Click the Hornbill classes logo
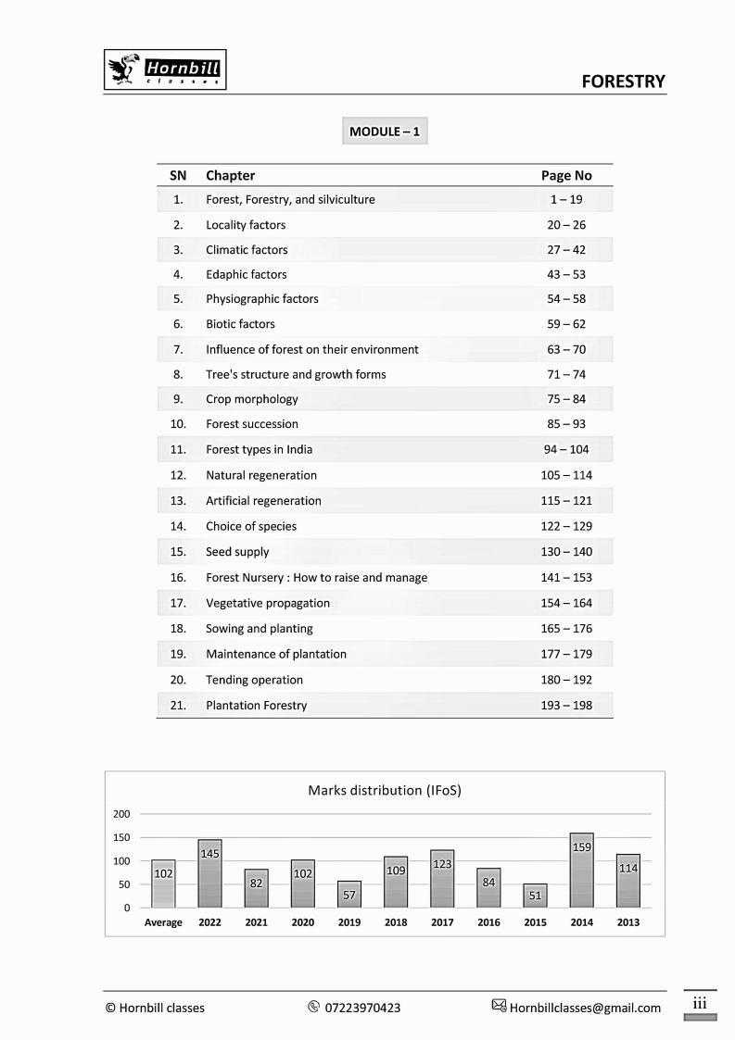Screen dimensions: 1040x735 [165, 70]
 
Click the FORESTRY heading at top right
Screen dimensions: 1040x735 [623, 81]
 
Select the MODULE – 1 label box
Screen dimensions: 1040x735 [385, 132]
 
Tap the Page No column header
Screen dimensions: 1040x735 [566, 175]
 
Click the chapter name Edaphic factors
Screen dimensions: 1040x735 [247, 274]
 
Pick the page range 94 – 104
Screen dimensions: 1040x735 [566, 449]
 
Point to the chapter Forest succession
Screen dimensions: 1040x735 [252, 424]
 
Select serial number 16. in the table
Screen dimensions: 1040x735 [178, 577]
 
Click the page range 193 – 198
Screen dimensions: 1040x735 [566, 705]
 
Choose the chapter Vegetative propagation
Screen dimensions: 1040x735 [268, 603]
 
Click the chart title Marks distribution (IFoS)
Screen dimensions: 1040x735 [385, 791]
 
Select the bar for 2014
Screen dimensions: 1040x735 [581, 871]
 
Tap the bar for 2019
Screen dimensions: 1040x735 [349, 895]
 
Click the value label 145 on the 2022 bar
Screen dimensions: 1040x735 [210, 853]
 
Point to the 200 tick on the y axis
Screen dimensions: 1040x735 [121, 814]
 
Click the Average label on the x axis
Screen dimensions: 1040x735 [163, 922]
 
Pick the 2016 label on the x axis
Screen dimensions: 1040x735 [488, 922]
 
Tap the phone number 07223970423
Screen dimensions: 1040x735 [363, 1008]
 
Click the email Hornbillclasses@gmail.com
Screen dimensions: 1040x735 [585, 1008]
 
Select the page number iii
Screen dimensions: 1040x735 [700, 1003]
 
